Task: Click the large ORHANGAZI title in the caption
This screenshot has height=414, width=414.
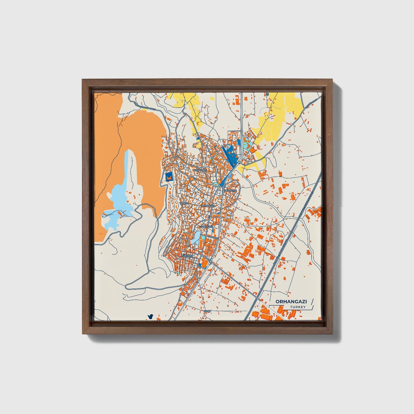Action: click(287, 301)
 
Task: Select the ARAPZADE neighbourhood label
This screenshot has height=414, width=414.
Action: click(200, 170)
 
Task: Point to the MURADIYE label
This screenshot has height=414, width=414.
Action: click(231, 191)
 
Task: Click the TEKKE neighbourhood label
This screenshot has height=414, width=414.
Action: click(183, 203)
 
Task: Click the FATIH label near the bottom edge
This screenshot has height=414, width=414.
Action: click(207, 311)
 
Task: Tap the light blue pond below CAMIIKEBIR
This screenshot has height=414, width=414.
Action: click(197, 237)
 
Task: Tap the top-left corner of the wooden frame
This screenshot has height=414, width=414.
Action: click(83, 80)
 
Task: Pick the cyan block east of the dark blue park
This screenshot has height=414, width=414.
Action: click(247, 142)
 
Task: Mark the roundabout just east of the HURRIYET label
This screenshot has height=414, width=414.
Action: click(202, 255)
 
